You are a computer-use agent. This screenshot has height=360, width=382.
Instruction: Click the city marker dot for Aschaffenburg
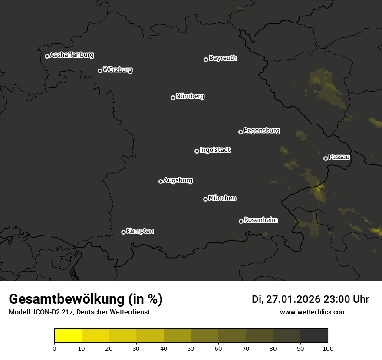coord(47,56)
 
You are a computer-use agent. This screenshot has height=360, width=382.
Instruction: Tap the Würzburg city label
coord(118,70)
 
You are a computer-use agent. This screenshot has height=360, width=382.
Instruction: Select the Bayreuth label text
coord(223,58)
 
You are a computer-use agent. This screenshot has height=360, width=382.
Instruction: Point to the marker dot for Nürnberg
coord(173,98)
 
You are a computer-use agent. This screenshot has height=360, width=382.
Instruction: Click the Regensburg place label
coord(261,131)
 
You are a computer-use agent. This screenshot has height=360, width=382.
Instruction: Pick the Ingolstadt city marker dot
coord(197,151)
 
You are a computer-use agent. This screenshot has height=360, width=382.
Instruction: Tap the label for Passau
coord(339,157)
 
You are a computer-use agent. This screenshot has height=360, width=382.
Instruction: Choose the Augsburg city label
coord(178,180)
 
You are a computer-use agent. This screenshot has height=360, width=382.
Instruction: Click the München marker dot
coord(205,199)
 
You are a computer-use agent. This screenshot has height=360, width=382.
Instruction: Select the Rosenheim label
coord(260,220)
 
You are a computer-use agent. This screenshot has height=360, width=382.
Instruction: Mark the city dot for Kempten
coord(123,232)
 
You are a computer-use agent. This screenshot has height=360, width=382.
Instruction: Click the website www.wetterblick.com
coord(313,312)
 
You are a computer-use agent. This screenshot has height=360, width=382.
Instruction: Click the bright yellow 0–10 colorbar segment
coord(68,335)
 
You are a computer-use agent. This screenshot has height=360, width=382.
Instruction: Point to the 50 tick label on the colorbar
coord(191,348)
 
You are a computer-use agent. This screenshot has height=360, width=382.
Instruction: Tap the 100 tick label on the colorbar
coord(328,348)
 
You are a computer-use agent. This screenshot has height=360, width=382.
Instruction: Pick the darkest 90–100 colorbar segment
coord(314,335)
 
